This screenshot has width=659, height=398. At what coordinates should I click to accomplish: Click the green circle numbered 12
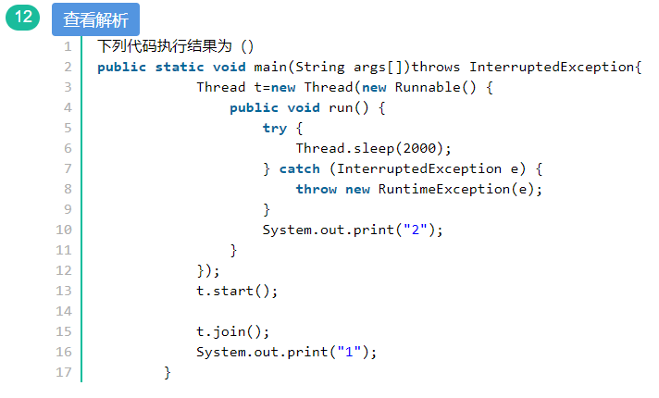point(24,18)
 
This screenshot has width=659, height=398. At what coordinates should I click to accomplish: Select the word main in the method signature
point(269,67)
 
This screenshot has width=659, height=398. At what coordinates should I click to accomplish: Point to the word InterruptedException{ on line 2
point(555,67)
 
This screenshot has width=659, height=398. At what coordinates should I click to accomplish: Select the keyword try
point(275,128)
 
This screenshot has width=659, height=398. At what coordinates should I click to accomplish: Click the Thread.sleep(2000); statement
point(373,148)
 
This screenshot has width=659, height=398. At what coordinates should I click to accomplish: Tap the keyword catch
point(299,168)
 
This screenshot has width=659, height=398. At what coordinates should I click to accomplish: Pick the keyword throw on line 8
point(317,189)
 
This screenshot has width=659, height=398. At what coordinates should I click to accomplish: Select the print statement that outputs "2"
point(353,230)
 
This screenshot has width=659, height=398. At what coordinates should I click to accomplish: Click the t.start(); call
point(237,291)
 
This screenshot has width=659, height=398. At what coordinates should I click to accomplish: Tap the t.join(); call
point(232,331)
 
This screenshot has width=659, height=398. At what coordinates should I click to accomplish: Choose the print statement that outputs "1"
point(287,352)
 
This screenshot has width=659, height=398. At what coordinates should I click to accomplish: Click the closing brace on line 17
point(168,372)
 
